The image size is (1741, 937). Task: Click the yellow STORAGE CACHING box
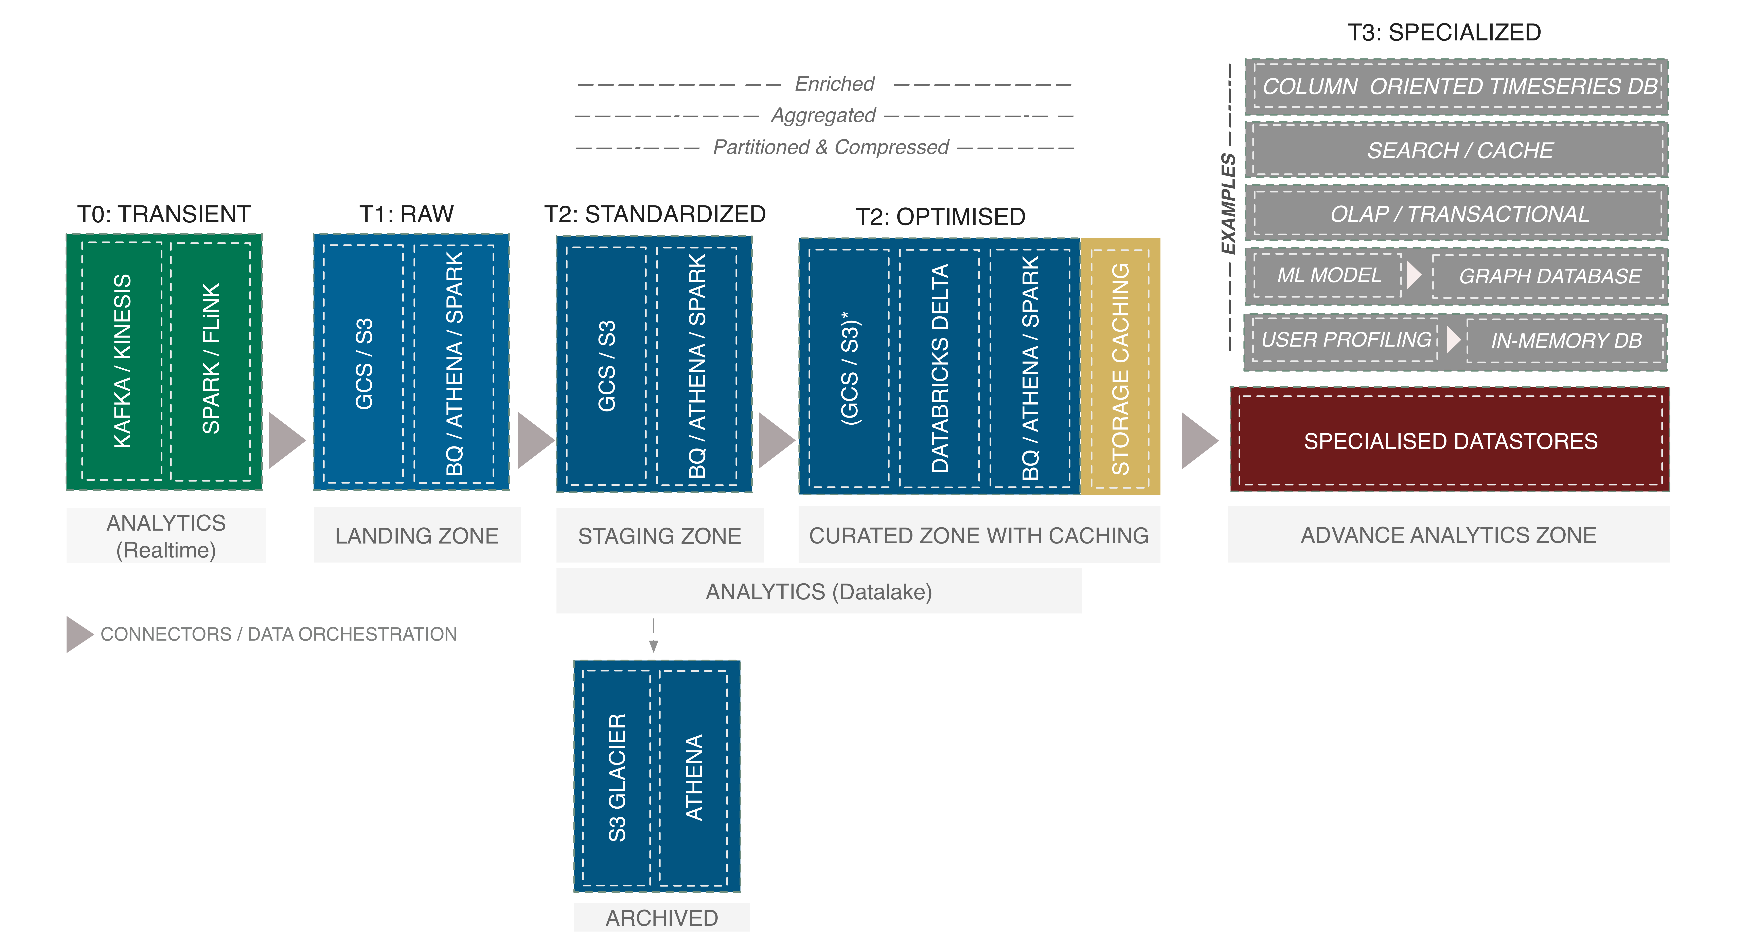(x=1121, y=367)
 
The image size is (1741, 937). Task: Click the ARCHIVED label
(x=662, y=918)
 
